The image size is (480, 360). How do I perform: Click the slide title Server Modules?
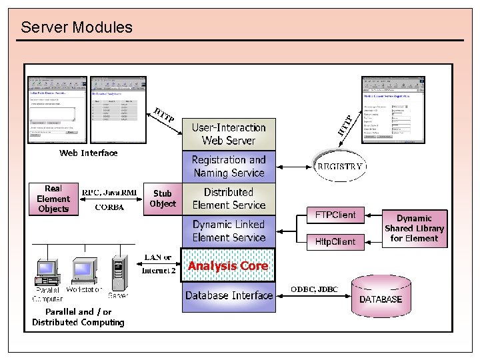77,27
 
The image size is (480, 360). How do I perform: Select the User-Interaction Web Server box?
229,134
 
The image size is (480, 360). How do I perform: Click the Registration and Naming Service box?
229,167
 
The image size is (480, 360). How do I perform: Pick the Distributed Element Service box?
229,199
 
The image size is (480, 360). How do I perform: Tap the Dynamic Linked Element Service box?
229,231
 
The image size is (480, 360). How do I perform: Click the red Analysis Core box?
229,266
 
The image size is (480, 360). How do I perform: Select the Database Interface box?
229,296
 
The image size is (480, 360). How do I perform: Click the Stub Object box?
163,199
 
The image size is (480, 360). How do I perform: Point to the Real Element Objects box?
53,199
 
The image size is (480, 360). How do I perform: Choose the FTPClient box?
335,215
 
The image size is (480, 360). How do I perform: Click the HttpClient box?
335,241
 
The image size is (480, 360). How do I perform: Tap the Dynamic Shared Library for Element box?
414,229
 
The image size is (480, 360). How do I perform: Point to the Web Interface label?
88,153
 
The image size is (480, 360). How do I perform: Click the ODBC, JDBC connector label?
314,289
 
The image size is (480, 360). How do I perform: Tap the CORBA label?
109,207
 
